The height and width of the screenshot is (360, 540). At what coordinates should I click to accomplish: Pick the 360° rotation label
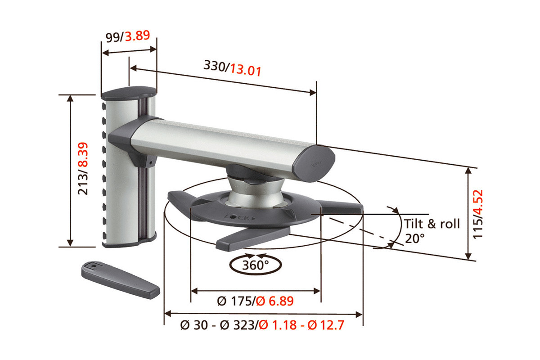pyautogui.click(x=253, y=265)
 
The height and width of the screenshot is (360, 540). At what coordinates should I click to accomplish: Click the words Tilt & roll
pyautogui.click(x=432, y=224)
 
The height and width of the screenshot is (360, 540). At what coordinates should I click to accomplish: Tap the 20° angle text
pyautogui.click(x=414, y=238)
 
